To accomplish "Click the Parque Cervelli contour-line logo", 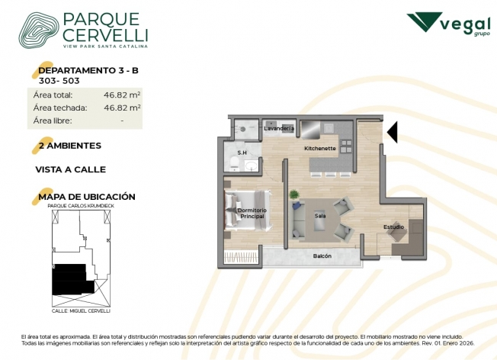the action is point(39,31).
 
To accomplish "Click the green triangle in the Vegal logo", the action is point(424,21).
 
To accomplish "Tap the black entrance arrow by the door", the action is point(392,132).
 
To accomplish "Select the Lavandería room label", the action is point(279,128).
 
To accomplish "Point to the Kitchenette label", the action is point(320,148).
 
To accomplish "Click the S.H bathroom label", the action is point(242,153).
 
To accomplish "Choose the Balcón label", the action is point(322,256).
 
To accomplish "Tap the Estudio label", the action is point(393,227).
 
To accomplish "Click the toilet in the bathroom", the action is point(235,164).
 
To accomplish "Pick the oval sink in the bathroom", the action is point(252,166).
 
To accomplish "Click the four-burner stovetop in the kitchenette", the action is point(345,146).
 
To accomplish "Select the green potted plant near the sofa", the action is point(294,194).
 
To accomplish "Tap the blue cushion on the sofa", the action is point(297,206).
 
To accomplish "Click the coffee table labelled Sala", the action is point(320,220).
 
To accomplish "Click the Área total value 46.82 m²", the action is point(122,95).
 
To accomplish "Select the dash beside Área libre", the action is point(122,121).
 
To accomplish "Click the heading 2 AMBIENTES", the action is point(69,146).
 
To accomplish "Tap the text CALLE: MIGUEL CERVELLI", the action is point(81,311).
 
